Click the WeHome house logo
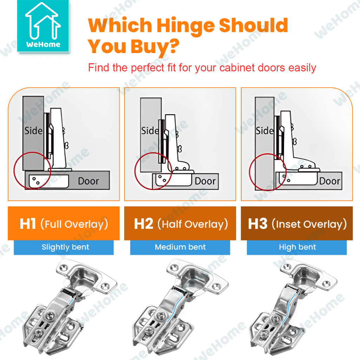(x=43, y=26)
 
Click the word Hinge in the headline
(x=186, y=26)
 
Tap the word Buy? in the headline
(x=155, y=47)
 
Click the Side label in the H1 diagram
(x=33, y=131)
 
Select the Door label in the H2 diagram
(x=205, y=181)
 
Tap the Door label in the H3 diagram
(x=330, y=181)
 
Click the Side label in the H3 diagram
(x=265, y=131)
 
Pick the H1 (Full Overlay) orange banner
(x=64, y=223)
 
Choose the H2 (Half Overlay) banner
(x=180, y=223)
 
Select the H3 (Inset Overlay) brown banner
(x=297, y=223)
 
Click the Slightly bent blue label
(x=64, y=247)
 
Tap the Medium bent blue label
(x=180, y=247)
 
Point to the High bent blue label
(x=297, y=247)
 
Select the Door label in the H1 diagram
(x=89, y=181)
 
